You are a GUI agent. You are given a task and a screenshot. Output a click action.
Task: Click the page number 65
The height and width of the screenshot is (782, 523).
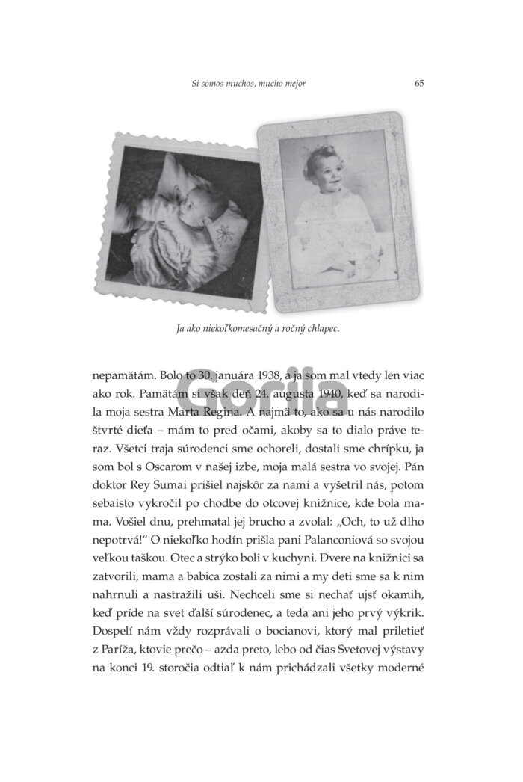tap(419, 83)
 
